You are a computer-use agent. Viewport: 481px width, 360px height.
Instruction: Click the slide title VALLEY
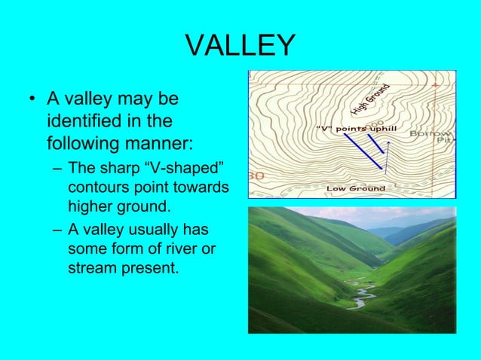tap(240, 46)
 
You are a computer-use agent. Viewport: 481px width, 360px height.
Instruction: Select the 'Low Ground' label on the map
tap(356, 188)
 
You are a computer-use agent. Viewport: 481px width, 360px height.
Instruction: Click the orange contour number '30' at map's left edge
tap(256, 175)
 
